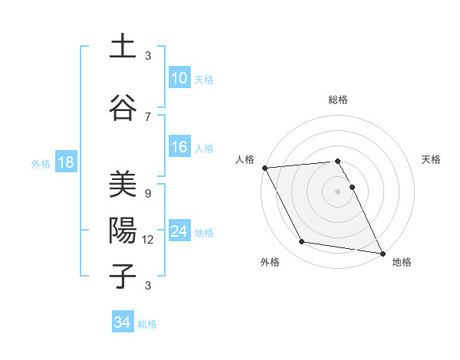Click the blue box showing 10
(179, 78)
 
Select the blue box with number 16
(179, 147)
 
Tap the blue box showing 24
(179, 231)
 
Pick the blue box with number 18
(64, 162)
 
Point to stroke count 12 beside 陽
(149, 239)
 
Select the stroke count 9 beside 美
(148, 193)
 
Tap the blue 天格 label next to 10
(204, 79)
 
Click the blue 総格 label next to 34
(147, 323)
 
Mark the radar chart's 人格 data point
(264, 168)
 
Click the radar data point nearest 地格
(382, 253)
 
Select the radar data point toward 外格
(302, 242)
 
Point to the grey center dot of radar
(337, 191)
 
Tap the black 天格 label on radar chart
(432, 159)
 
